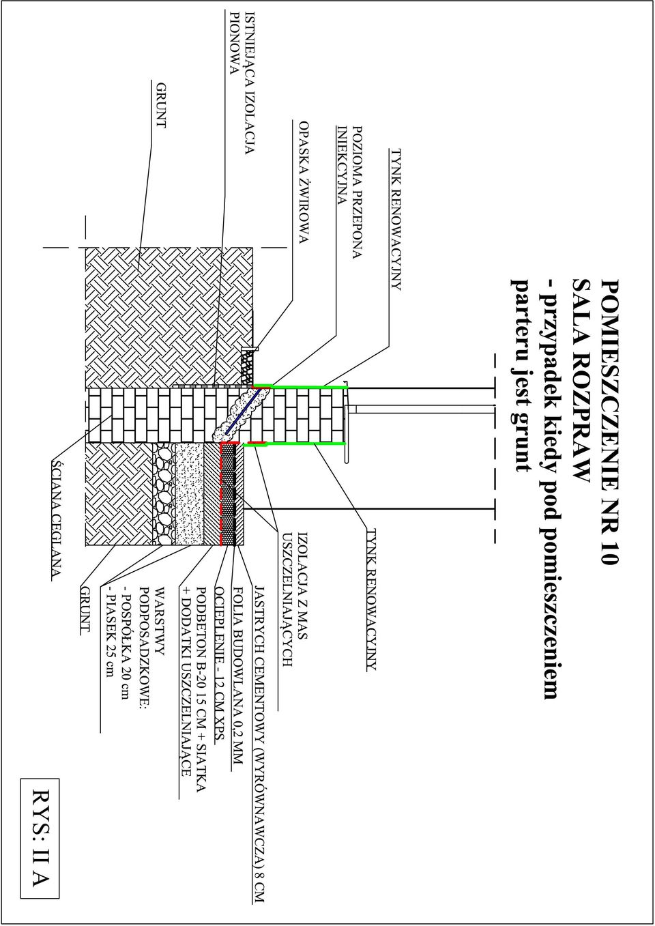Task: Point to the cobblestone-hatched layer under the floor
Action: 164,493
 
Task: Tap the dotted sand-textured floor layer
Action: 190,493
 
